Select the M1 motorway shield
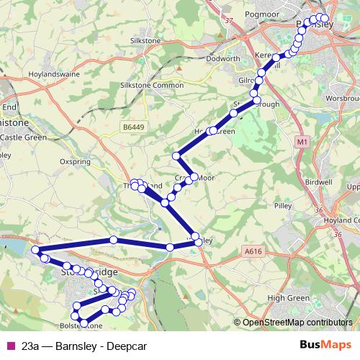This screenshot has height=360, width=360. click(x=302, y=143)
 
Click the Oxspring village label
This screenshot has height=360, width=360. click(x=76, y=162)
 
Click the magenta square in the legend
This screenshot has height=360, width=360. click(x=9, y=346)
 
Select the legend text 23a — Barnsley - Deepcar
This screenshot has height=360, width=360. click(x=84, y=346)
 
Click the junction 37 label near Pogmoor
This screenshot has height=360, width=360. click(x=230, y=21)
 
